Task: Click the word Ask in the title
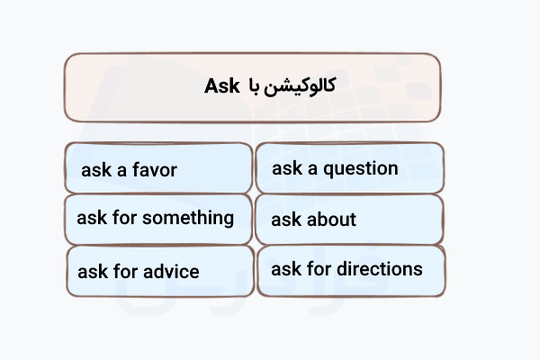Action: click(x=220, y=86)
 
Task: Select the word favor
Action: click(x=154, y=169)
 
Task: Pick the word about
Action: click(x=331, y=219)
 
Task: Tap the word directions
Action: click(x=380, y=268)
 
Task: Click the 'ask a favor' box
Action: click(x=158, y=168)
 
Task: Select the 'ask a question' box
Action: click(x=349, y=168)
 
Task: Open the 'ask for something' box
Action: click(x=158, y=219)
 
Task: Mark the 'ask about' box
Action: click(x=349, y=219)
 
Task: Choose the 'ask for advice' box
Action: click(x=158, y=271)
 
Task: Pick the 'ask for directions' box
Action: click(x=349, y=270)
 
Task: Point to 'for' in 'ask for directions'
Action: click(x=317, y=268)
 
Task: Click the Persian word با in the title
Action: click(x=254, y=86)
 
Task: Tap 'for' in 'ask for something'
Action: click(x=121, y=218)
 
